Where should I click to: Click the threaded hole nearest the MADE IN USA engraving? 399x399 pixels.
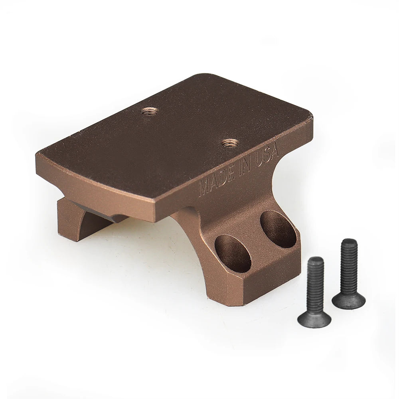(230, 142)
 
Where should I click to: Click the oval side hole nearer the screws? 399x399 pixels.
(279, 229)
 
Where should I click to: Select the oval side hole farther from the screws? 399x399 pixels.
(233, 253)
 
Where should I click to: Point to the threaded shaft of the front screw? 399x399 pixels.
(316, 283)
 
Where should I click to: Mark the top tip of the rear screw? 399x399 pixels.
(350, 241)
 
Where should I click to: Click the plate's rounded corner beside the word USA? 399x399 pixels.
(309, 120)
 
